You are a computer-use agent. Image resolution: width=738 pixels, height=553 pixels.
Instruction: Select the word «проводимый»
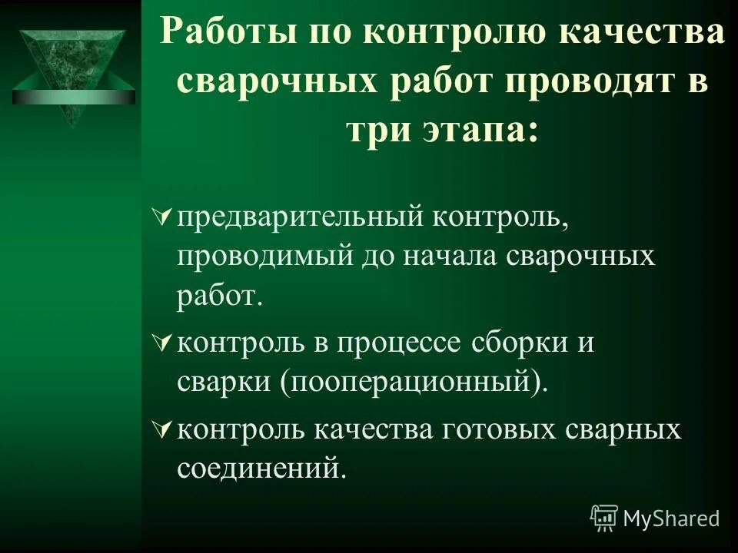264,254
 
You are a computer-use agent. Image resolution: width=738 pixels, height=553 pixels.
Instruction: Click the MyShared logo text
670,518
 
